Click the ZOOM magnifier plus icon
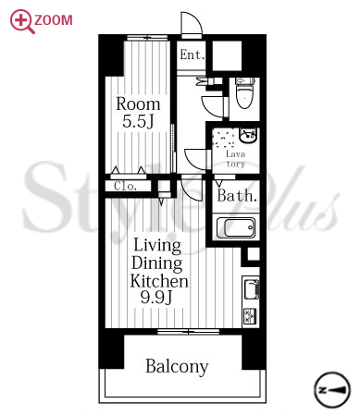[x=22, y=21]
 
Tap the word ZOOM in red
[x=54, y=20]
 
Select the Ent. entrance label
[x=192, y=55]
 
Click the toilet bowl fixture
[x=245, y=93]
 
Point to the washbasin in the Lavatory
[x=249, y=135]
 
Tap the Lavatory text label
[x=236, y=159]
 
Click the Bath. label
[x=237, y=195]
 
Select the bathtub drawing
[x=236, y=227]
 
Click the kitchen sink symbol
[x=252, y=288]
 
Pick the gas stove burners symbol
[x=251, y=316]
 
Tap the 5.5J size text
[x=138, y=121]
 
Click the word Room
[x=138, y=104]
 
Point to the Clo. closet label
[x=125, y=186]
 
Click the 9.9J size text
[x=156, y=297]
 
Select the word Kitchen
[x=159, y=281]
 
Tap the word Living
[x=157, y=246]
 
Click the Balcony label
[x=177, y=367]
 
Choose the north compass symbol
[x=332, y=390]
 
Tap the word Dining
[x=157, y=263]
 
